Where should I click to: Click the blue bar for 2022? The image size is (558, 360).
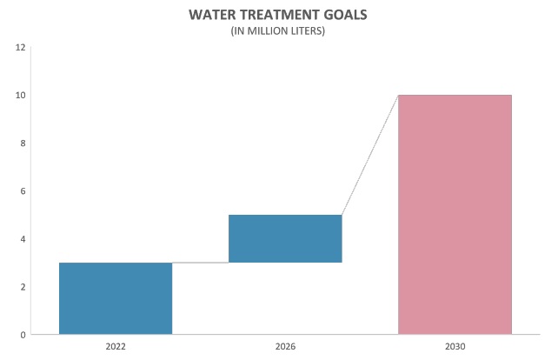point(116,298)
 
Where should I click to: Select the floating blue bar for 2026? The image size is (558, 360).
point(285,238)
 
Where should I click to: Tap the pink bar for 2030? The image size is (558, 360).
point(455,214)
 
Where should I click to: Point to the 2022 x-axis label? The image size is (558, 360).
point(116,346)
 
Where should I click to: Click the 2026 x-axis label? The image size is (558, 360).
point(285,346)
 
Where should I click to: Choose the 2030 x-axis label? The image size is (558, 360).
point(455,346)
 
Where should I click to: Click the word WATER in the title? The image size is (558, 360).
point(212,16)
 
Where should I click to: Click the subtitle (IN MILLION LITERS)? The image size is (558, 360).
point(279,32)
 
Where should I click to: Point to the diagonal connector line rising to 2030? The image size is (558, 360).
point(369,155)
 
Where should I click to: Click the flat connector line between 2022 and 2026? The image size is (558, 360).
point(200,263)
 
